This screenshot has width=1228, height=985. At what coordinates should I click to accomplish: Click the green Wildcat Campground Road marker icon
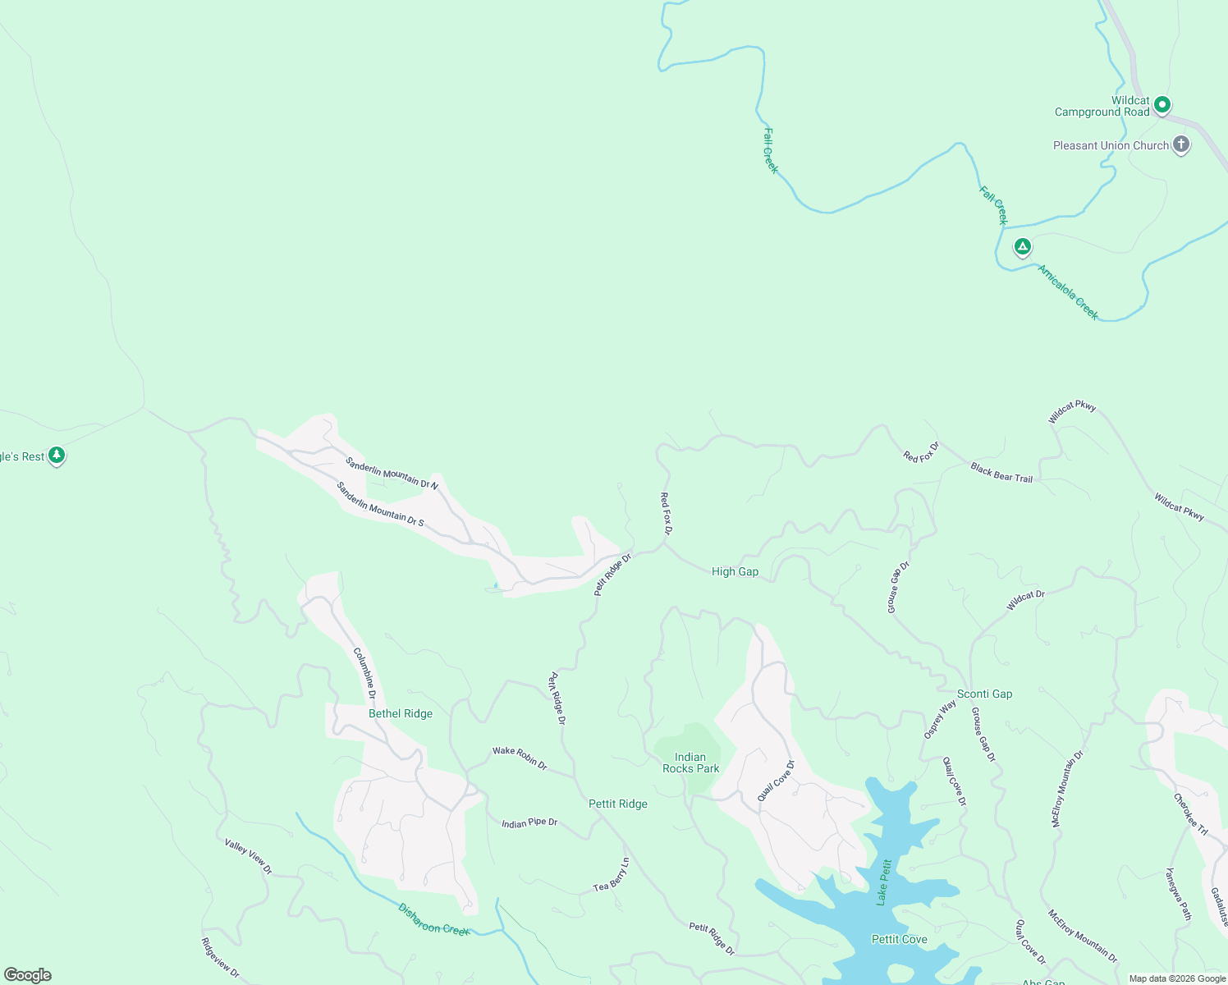pyautogui.click(x=1162, y=105)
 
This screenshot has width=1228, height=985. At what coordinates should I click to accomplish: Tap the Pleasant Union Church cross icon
pyautogui.click(x=1180, y=145)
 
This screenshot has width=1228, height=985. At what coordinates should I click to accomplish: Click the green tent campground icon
pyautogui.click(x=1022, y=246)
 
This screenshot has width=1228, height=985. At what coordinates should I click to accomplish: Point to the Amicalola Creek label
pyautogui.click(x=1067, y=292)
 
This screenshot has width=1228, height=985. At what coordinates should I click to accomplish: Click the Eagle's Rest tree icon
pyautogui.click(x=56, y=456)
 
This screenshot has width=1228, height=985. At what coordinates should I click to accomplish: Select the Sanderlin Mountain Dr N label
pyautogui.click(x=392, y=474)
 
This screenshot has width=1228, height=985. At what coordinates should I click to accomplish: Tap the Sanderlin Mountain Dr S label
pyautogui.click(x=379, y=504)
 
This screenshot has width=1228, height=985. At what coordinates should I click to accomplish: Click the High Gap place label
pyautogui.click(x=735, y=571)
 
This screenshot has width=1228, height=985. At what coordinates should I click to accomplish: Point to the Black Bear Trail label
pyautogui.click(x=1001, y=473)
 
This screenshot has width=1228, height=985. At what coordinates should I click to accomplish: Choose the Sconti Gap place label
pyautogui.click(x=984, y=694)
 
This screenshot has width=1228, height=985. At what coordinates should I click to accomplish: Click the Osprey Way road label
pyautogui.click(x=940, y=720)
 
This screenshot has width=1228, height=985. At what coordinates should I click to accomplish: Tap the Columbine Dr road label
pyautogui.click(x=364, y=673)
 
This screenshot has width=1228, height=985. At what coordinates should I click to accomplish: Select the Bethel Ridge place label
pyautogui.click(x=400, y=713)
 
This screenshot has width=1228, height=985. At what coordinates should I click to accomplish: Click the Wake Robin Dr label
pyautogui.click(x=520, y=757)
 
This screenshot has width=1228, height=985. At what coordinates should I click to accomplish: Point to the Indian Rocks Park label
pyautogui.click(x=690, y=763)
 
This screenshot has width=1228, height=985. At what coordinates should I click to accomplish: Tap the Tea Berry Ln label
pyautogui.click(x=612, y=875)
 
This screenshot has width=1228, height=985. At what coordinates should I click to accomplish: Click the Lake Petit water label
pyautogui.click(x=883, y=882)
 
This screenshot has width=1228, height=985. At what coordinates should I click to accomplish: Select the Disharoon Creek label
pyautogui.click(x=433, y=919)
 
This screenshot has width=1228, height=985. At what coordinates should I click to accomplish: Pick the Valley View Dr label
pyautogui.click(x=248, y=856)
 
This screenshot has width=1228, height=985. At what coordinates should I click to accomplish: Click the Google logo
pyautogui.click(x=28, y=975)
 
